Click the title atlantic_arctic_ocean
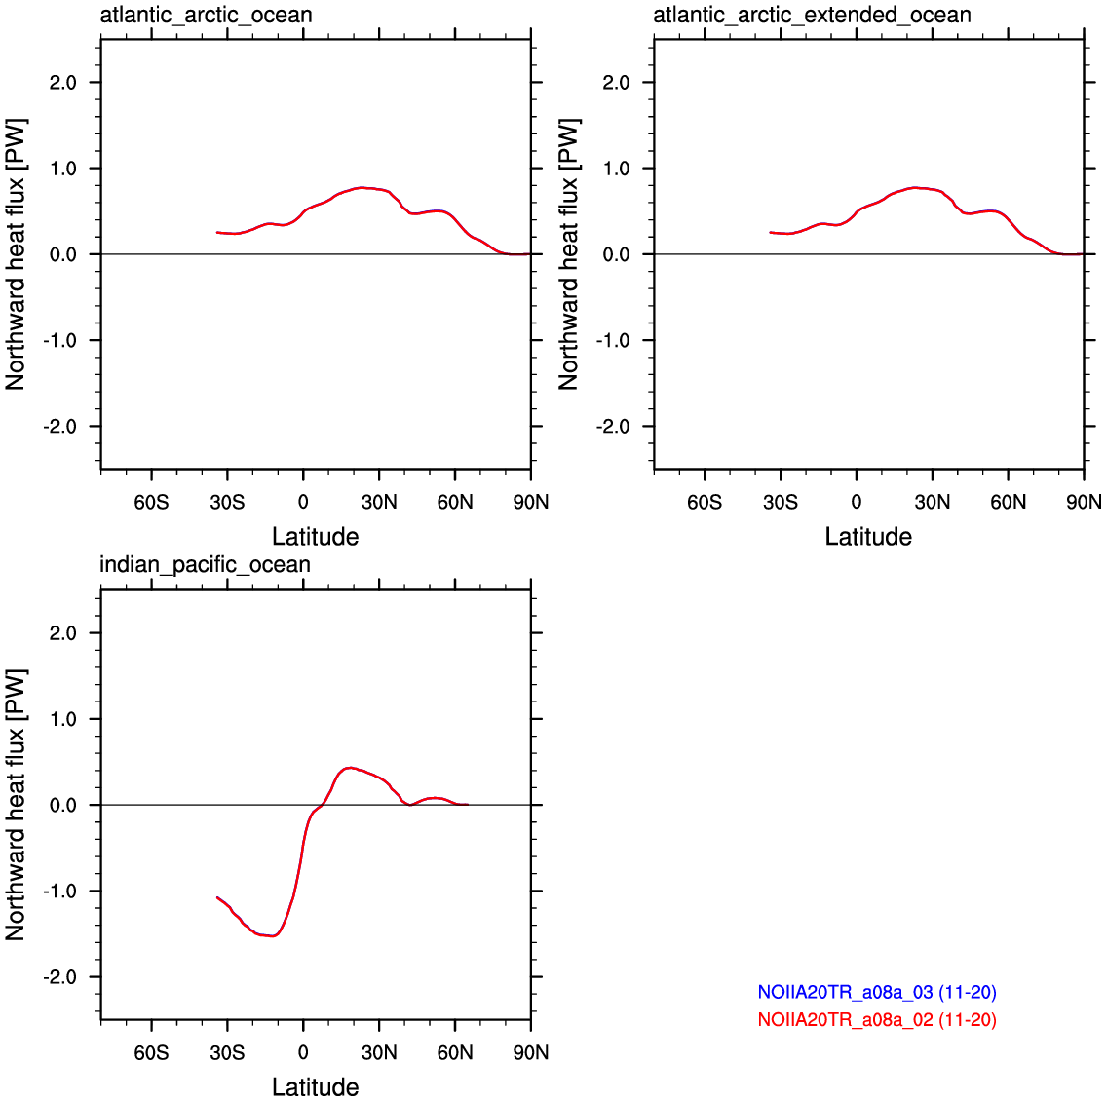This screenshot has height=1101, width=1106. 206,15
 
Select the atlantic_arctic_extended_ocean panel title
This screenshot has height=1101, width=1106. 812,15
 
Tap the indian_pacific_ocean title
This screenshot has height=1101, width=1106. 206,565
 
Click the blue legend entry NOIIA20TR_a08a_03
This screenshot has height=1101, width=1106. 877,992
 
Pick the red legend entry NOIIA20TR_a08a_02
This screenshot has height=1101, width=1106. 877,1019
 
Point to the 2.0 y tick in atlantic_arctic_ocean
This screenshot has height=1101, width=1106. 62,83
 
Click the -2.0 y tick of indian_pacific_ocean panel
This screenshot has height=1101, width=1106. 60,977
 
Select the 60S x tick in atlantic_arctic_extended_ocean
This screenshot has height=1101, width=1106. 704,502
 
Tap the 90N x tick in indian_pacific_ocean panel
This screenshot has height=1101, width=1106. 530,1052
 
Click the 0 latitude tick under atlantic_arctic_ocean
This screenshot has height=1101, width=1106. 303,502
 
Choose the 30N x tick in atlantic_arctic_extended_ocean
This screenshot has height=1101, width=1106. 932,502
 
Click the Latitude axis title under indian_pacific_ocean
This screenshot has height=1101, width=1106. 316,1087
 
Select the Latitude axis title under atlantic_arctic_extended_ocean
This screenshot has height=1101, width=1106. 868,537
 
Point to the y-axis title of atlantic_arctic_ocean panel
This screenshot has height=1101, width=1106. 16,254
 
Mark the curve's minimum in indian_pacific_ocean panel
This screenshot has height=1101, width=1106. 272,936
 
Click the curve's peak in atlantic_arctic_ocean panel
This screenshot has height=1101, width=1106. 362,188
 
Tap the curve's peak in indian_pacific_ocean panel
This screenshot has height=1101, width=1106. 350,768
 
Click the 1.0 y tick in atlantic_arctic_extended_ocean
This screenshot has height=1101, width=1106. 616,169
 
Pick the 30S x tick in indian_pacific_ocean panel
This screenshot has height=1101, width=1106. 227,1052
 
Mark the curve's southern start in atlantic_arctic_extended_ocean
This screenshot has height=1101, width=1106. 770,232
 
